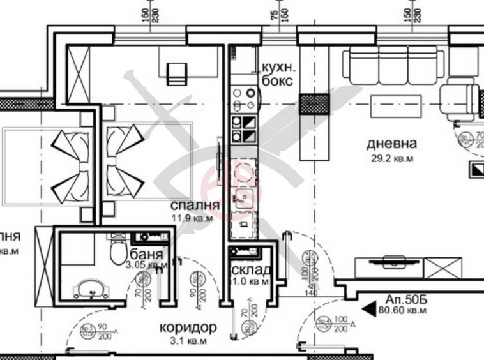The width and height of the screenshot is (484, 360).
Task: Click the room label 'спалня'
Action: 195,206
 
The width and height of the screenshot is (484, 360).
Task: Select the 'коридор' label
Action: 187,327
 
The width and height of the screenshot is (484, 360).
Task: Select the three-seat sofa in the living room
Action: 394,63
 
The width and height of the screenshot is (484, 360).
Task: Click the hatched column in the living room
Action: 312,103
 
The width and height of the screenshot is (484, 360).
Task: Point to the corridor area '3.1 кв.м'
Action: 187,341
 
